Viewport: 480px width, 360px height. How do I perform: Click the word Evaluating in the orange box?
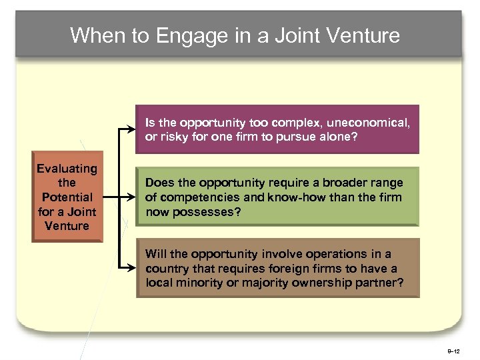pos(67,169)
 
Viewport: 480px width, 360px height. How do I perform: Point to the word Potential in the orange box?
pos(67,197)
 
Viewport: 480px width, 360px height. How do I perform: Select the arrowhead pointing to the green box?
pos(132,197)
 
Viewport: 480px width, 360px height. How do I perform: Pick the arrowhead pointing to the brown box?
pos(132,267)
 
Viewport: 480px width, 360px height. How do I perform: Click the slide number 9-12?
pos(453,350)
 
